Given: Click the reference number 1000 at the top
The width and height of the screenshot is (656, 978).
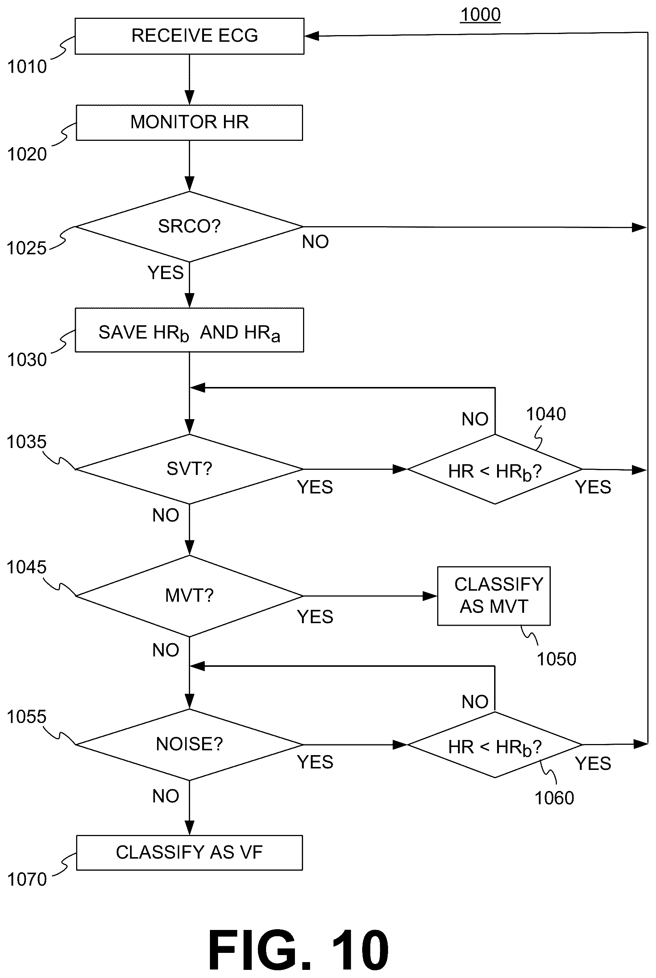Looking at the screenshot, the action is point(480,15).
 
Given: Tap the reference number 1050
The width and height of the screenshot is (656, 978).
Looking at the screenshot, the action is point(557,659).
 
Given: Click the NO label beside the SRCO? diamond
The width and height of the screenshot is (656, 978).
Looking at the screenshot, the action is point(316,242).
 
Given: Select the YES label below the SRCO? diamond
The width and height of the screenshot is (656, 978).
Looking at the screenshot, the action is point(166,273).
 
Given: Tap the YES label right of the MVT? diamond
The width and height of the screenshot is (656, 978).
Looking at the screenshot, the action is point(315,617).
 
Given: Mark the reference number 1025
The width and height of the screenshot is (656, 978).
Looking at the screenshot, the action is point(26,248).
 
